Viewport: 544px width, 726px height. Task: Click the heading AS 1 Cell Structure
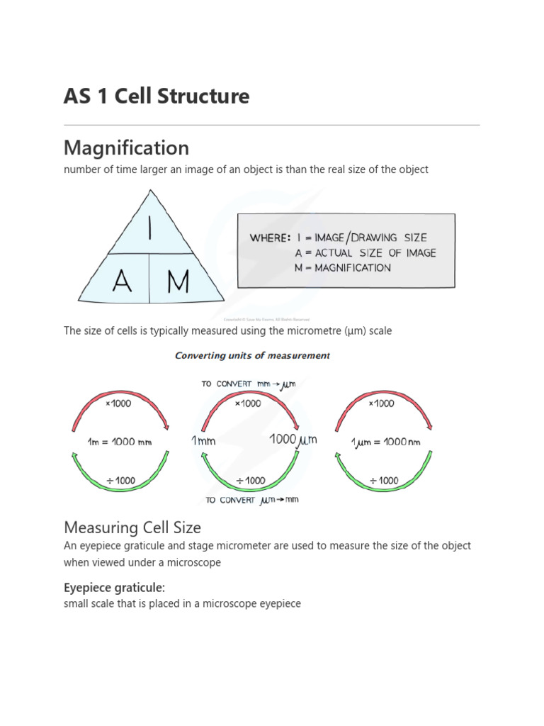tap(157, 96)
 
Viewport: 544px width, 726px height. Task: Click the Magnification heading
tap(126, 147)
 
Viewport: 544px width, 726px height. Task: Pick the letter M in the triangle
tap(178, 281)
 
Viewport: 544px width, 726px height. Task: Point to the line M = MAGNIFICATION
tap(343, 268)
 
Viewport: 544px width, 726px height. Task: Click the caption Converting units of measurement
tap(252, 356)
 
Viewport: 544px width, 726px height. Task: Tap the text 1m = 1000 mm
tap(120, 442)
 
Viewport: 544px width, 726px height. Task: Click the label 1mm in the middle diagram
tap(203, 441)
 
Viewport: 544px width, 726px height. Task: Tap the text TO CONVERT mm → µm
tap(248, 384)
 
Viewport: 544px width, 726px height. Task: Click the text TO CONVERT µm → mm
tap(252, 500)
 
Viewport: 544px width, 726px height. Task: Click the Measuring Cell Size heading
tap(132, 527)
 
